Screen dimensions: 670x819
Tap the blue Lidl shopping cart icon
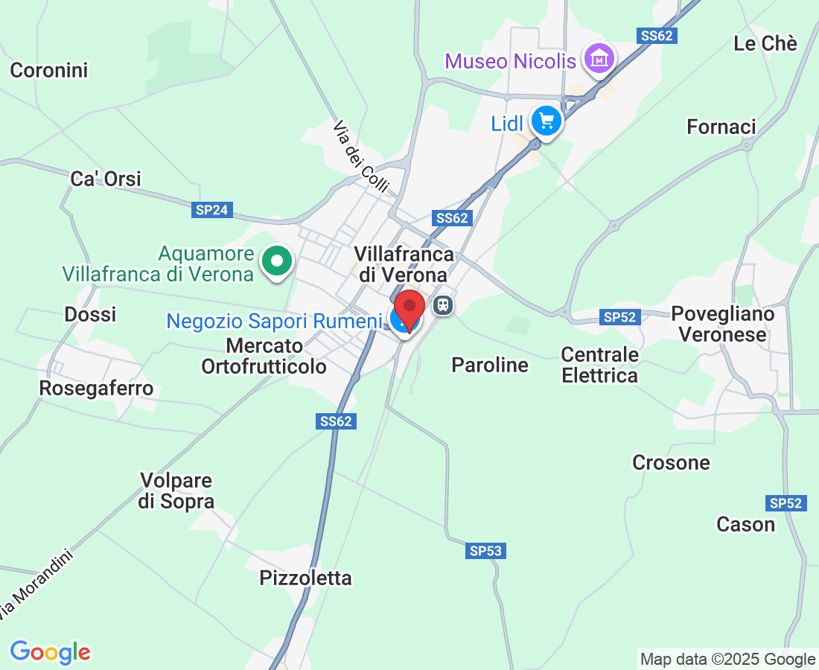coord(546,121)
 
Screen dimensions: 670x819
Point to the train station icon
coord(444,305)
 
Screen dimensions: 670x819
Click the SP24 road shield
coord(211,210)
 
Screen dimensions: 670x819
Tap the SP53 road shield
coord(486,551)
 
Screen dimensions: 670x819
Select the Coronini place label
coord(49,71)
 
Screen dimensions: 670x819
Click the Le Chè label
coord(765,44)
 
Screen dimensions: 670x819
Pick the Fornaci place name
coord(721,127)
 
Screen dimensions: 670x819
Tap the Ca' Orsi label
coord(106,179)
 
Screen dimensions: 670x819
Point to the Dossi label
coord(90,314)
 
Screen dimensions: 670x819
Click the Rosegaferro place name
coord(96,388)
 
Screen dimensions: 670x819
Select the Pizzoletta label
coord(305,578)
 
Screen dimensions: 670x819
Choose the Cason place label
coord(745,525)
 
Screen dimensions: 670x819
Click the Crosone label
coord(671,462)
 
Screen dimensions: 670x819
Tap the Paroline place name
coord(490,365)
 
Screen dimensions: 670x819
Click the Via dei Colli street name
coord(360,157)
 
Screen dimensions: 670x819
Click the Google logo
coord(50,652)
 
